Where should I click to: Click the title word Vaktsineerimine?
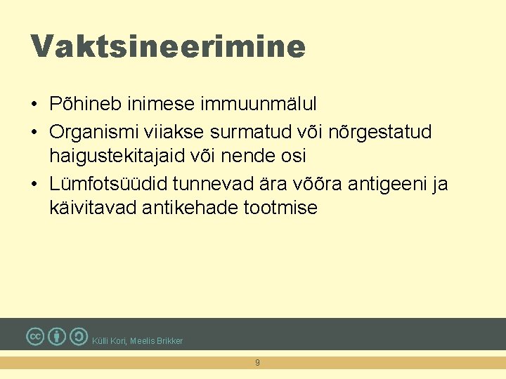click(x=168, y=47)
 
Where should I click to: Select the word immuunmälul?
click(x=259, y=105)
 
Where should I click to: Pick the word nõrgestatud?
click(x=389, y=132)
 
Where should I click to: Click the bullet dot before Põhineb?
click(x=34, y=105)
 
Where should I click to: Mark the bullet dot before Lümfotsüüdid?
click(x=34, y=185)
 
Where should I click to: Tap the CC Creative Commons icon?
click(x=35, y=337)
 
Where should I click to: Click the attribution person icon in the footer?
click(x=58, y=337)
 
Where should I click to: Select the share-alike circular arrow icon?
click(x=79, y=337)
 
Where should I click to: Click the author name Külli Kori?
click(x=108, y=341)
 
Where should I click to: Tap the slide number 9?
click(x=257, y=363)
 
